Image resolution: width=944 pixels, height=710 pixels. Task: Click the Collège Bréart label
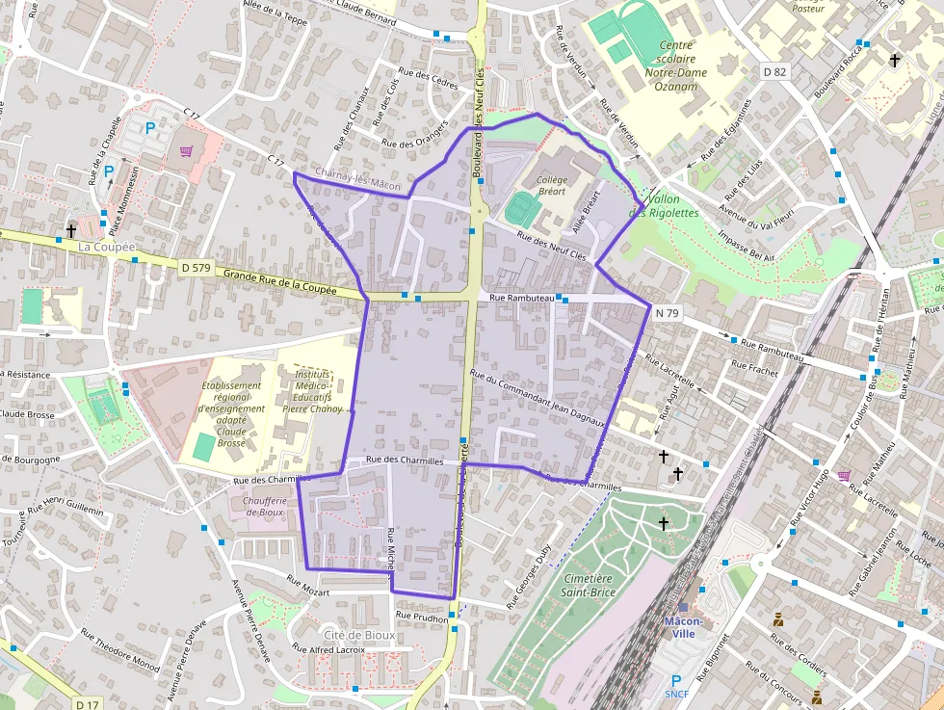(552, 186)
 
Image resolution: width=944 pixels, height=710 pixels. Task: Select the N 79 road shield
(667, 312)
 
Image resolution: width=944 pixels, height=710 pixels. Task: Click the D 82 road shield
(774, 71)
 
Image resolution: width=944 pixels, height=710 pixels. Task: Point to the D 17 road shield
(88, 703)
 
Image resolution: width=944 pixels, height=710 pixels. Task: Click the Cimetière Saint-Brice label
(589, 585)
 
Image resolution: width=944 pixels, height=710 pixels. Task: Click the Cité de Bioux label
(358, 635)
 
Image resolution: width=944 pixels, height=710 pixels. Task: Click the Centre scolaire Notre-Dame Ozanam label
(675, 66)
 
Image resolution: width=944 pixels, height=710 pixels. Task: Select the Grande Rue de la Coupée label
(280, 282)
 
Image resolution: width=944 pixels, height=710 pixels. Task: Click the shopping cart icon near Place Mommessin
(186, 150)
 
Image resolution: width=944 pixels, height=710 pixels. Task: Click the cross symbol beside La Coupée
(71, 230)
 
